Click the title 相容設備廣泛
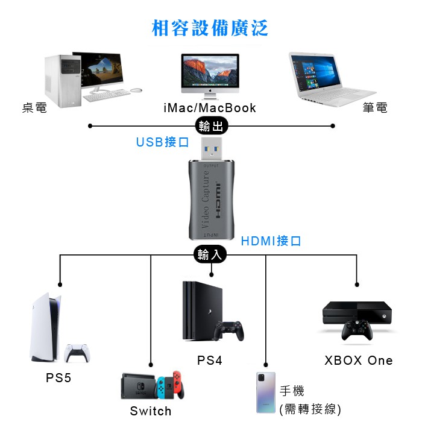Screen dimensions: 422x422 [210, 28]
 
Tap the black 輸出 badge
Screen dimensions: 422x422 [211, 125]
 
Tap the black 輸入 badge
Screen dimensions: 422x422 [211, 254]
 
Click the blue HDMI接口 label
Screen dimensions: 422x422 [271, 241]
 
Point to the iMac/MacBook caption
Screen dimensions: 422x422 [210, 108]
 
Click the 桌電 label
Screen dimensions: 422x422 [34, 108]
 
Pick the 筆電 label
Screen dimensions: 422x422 [374, 108]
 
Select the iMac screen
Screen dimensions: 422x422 [210, 71]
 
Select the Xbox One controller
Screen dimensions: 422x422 [357, 330]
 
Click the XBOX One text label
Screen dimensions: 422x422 [358, 361]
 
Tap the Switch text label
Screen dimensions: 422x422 [151, 411]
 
